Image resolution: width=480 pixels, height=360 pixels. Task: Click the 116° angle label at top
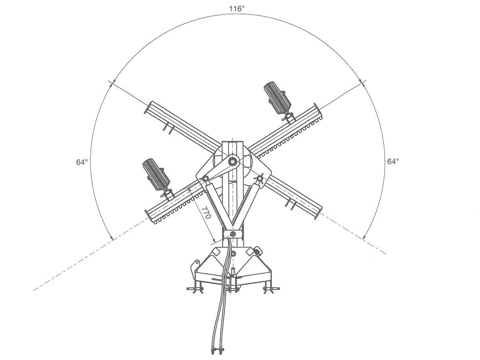pyautogui.click(x=237, y=9)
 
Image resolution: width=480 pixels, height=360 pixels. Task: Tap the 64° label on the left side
pyautogui.click(x=82, y=162)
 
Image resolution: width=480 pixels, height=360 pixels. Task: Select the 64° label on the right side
pyautogui.click(x=393, y=162)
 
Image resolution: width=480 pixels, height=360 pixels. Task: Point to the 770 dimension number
pyautogui.click(x=206, y=212)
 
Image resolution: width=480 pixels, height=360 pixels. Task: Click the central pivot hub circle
pyautogui.click(x=232, y=162)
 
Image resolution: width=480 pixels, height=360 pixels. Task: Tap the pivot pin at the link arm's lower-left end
pyautogui.click(x=205, y=178)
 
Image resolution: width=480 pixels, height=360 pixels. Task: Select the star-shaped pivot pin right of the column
pyautogui.click(x=260, y=178)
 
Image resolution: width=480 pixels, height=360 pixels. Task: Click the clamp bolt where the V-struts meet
pyautogui.click(x=233, y=234)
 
